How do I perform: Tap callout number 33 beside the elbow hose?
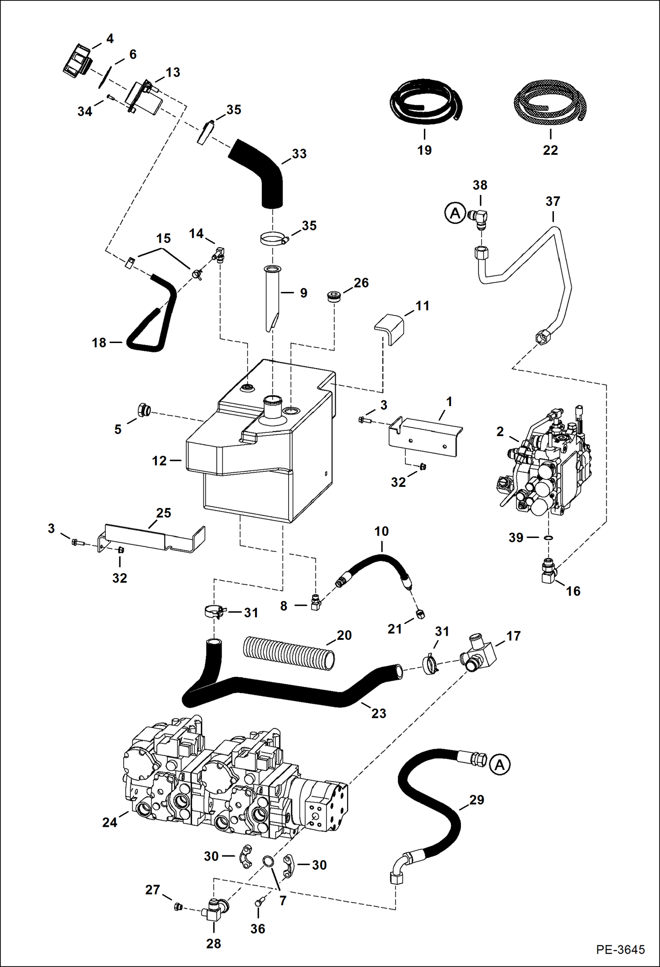point(299,153)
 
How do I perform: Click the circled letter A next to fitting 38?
point(455,213)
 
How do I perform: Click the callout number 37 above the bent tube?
point(552,202)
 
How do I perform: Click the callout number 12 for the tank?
point(159,461)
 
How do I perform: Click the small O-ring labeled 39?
point(549,538)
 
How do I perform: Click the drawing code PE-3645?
point(620,949)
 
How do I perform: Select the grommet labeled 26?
point(334,296)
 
